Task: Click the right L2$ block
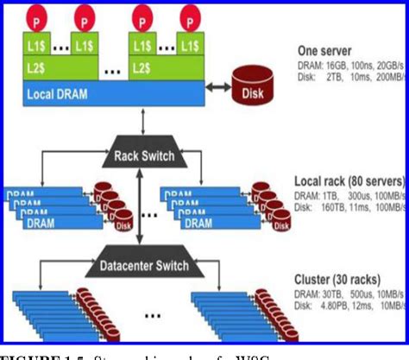click(x=165, y=66)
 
